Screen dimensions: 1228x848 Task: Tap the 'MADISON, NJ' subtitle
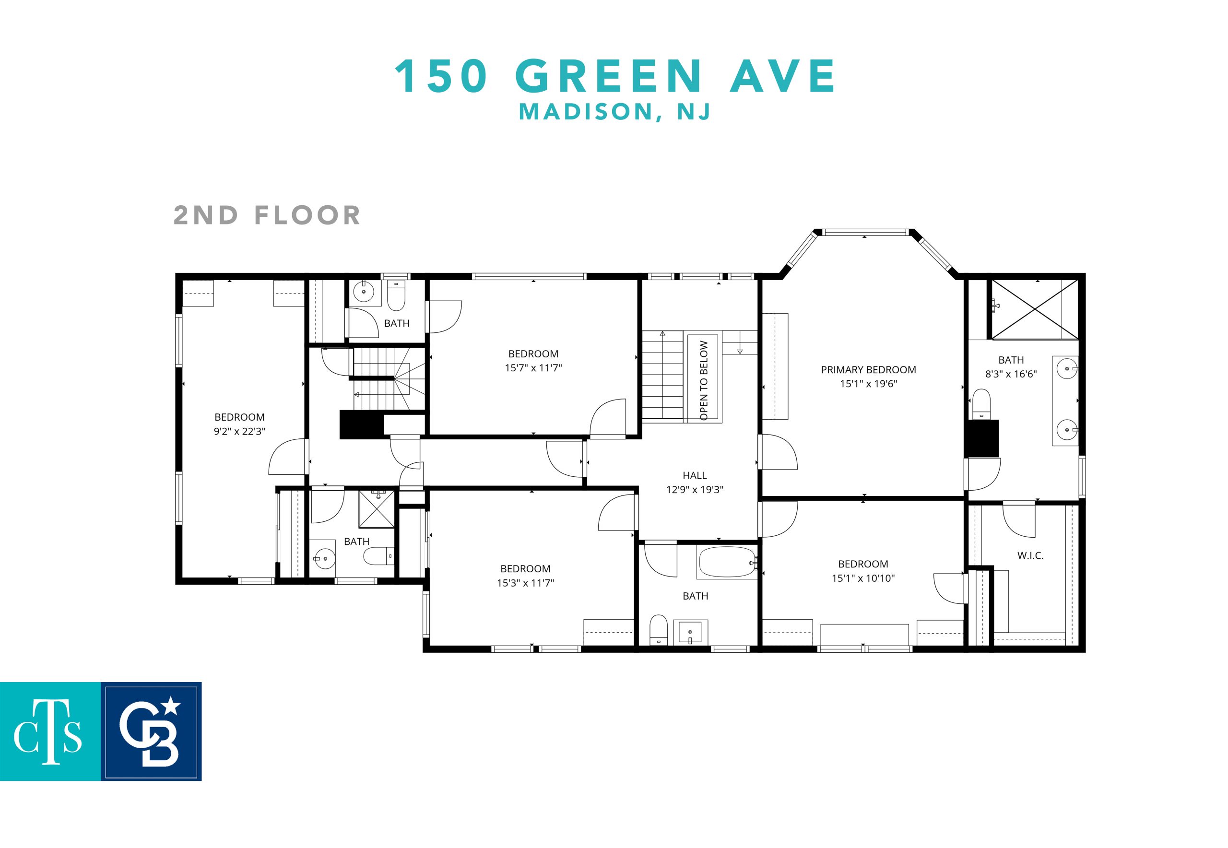point(614,112)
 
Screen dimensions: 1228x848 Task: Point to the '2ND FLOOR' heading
point(267,215)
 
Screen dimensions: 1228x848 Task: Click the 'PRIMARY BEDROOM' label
point(868,370)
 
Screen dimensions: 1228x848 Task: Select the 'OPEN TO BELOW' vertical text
point(704,380)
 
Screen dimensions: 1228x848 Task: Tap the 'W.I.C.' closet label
point(1030,556)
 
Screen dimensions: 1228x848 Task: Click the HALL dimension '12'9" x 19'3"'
point(695,489)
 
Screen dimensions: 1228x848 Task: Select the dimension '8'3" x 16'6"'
point(1011,374)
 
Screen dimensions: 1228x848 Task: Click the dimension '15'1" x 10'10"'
point(863,578)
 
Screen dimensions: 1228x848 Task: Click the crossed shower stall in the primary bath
point(1035,309)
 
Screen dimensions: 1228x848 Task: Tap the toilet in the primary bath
point(981,404)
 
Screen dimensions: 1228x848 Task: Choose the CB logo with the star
point(151,731)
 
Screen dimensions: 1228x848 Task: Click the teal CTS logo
point(50,731)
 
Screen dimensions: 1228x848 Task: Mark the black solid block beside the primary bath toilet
point(982,438)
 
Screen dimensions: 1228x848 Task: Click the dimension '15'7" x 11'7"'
point(533,368)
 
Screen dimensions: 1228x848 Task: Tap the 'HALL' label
point(695,475)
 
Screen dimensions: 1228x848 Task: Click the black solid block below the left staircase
point(361,424)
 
